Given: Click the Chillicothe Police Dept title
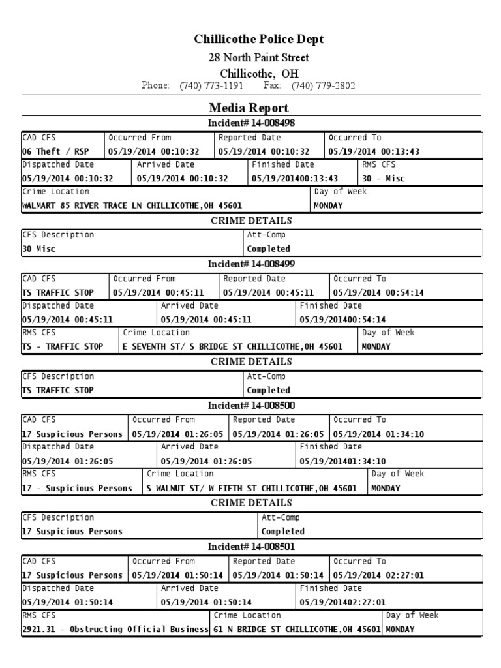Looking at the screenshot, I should (259, 40).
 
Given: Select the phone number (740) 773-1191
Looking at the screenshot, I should (211, 86).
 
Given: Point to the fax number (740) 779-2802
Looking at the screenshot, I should (323, 86).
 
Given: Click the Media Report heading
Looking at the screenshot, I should (249, 108).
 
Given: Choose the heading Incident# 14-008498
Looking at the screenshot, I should (247, 123).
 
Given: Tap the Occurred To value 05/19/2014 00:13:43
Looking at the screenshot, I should (374, 151).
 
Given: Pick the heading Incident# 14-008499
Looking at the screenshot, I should (247, 264).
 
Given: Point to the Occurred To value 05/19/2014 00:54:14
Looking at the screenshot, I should (378, 293).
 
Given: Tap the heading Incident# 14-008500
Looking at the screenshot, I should (247, 406).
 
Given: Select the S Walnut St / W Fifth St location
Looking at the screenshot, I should (252, 488).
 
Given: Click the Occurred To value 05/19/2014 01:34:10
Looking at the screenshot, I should (378, 434).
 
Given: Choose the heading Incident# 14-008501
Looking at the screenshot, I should (247, 547).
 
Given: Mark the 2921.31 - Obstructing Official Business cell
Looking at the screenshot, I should (115, 630).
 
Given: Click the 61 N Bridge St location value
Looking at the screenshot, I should (297, 630).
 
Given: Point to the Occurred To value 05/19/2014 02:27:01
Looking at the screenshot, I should (378, 575).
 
